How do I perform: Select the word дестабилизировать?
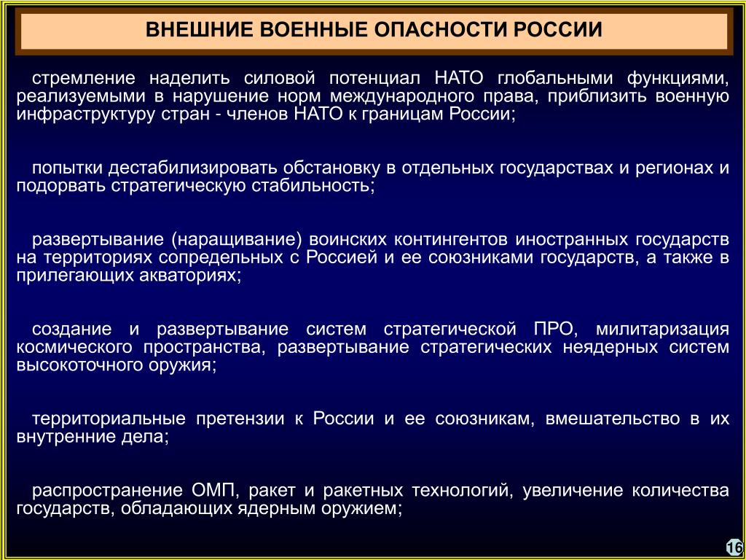pos(192,168)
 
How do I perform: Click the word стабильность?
pos(313,186)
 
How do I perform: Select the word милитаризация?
pos(662,329)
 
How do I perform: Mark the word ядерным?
pos(275,508)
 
